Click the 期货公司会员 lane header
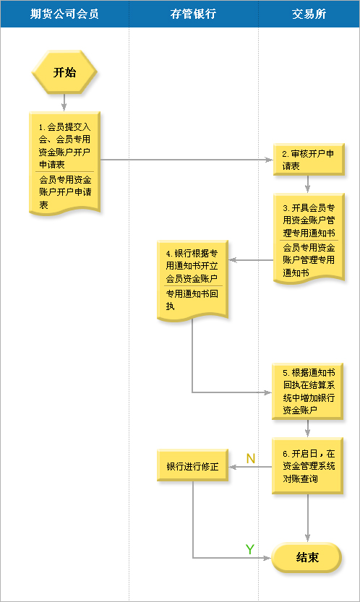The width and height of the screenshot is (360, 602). pos(64,14)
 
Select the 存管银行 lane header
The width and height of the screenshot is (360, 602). pos(194,14)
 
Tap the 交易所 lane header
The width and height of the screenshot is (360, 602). pos(309,14)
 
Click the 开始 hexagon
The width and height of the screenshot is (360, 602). pos(64,72)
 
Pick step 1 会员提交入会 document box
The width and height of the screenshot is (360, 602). pos(64,163)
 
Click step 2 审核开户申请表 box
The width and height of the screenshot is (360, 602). pos(309,159)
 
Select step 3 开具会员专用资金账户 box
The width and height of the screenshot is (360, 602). pos(309,238)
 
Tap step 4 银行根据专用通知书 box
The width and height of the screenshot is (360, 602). pos(192,280)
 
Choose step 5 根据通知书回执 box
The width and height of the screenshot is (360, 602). pos(307,391)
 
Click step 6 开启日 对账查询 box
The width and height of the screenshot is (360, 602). pos(307,465)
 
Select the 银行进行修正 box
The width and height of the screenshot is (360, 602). pos(192,465)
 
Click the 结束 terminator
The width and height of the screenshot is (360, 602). pos(307,557)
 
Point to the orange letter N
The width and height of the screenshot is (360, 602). pos(251,458)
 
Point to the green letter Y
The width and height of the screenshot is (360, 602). pos(249,549)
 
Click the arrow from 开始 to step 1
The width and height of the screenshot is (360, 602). pos(64,103)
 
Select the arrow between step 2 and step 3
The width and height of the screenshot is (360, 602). pos(307,184)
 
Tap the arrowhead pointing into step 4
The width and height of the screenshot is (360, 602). pos(233,260)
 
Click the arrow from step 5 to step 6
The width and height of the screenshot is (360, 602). pos(307,429)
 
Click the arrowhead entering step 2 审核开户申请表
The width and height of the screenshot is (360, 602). pos(269,159)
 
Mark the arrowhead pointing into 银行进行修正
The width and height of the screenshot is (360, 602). pos(233,467)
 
